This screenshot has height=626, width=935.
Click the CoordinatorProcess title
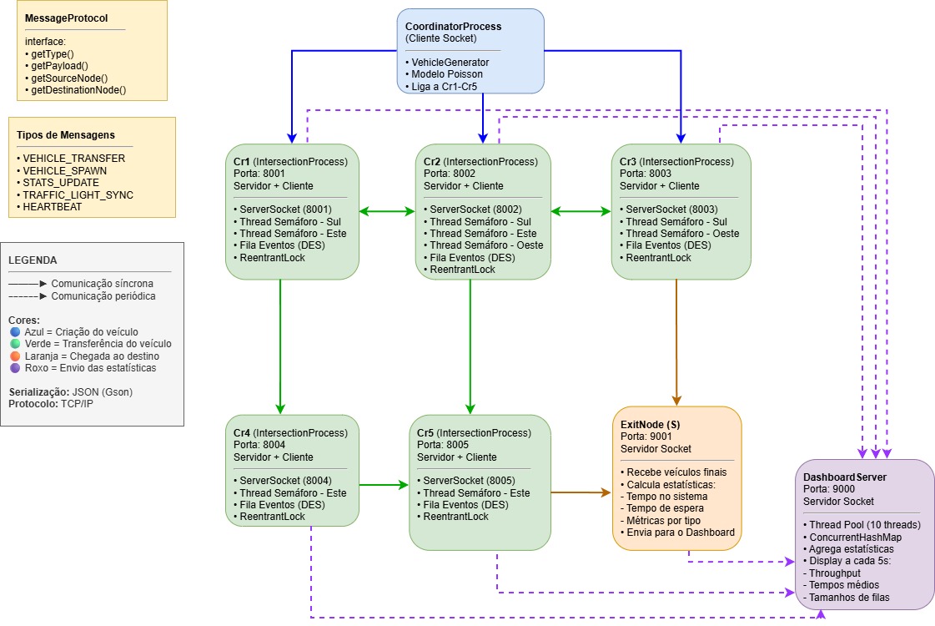pyautogui.click(x=453, y=26)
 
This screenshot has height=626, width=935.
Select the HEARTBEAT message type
pyautogui.click(x=52, y=206)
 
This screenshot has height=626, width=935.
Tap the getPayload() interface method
pyautogui.click(x=60, y=65)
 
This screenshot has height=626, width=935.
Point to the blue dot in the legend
pyautogui.click(x=14, y=332)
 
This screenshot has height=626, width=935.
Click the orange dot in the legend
pyautogui.click(x=14, y=356)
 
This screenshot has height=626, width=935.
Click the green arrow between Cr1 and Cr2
pyautogui.click(x=387, y=212)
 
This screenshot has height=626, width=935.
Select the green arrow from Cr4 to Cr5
pyautogui.click(x=385, y=484)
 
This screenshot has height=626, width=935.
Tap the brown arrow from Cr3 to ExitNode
pyautogui.click(x=676, y=342)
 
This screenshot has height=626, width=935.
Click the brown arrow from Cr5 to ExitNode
pyautogui.click(x=581, y=493)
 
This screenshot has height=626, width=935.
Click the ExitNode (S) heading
pyautogui.click(x=651, y=425)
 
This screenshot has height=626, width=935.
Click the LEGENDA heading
pyautogui.click(x=33, y=260)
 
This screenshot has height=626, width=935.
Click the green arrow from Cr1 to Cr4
pyautogui.click(x=280, y=342)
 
